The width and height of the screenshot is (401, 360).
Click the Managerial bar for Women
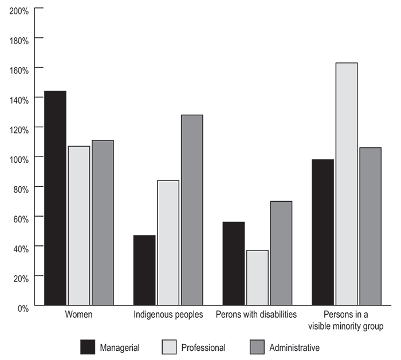point(56,198)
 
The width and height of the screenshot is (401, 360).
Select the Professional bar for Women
point(79,226)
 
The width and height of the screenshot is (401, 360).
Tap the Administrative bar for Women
point(103,223)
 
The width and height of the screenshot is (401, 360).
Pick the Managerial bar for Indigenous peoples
point(144,270)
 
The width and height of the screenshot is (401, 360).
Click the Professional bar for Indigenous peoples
point(168,243)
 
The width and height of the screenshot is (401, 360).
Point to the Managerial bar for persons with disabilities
point(233,264)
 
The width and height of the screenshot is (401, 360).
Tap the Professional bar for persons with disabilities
point(257,278)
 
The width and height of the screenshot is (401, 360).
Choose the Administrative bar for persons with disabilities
point(281,253)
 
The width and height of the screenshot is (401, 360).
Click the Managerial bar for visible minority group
point(323,232)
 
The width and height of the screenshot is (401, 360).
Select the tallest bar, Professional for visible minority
point(347,184)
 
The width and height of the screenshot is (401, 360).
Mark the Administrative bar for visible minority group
point(370,226)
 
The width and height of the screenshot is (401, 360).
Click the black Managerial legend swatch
point(88,347)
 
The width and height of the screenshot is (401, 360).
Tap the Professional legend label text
point(203,347)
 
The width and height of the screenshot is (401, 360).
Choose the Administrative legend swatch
point(258,347)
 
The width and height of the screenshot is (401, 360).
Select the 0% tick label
point(23,307)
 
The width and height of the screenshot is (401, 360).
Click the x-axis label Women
point(78,315)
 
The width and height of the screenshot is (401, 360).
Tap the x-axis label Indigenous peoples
point(168,315)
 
